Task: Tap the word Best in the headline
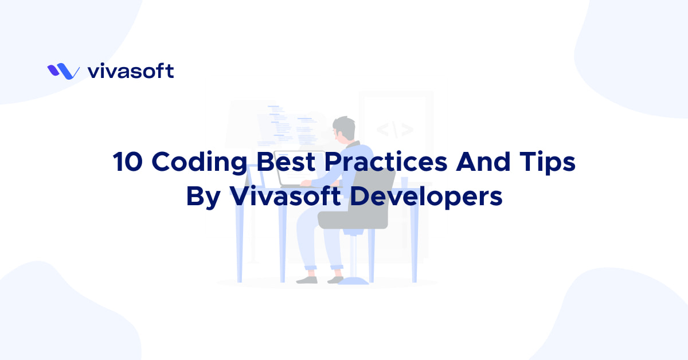[285, 163]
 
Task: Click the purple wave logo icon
[63, 72]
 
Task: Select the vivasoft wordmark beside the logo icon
[131, 71]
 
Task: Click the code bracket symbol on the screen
[394, 128]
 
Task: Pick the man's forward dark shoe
[307, 280]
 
